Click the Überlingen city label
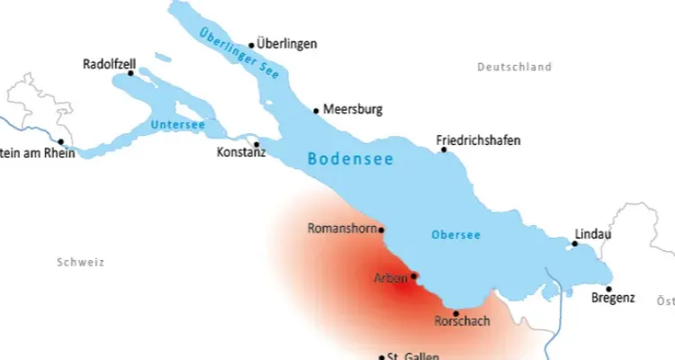[x=287, y=43]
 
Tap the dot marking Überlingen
[x=252, y=45]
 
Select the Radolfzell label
[x=109, y=65]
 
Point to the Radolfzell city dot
[x=130, y=74]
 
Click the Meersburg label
[x=354, y=110]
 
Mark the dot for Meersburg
[x=316, y=111]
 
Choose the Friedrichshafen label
[x=478, y=140]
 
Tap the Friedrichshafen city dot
[x=444, y=149]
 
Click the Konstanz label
[x=241, y=154]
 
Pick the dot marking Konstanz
[x=256, y=144]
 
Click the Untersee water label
[x=178, y=124]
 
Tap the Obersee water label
[x=455, y=235]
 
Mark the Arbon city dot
[x=414, y=276]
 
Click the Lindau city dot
[x=575, y=243]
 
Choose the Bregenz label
[x=614, y=298]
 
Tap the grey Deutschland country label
[x=515, y=67]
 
